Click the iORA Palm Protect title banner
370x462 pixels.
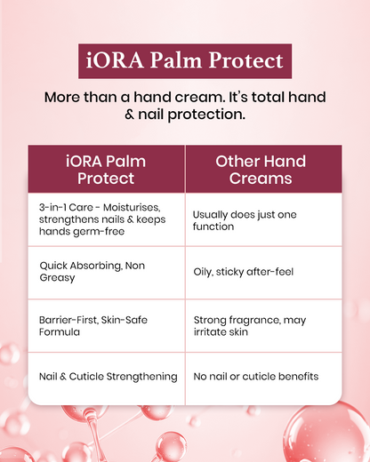[185, 61]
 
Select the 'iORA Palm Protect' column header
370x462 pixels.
[107, 170]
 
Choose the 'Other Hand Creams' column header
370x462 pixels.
[263, 170]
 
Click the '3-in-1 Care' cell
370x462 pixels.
[107, 219]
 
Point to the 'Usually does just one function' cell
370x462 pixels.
[263, 220]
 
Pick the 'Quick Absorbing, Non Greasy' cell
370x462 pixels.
[107, 272]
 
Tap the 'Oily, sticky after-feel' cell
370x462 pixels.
[263, 272]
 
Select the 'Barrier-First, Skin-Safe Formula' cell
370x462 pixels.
[107, 324]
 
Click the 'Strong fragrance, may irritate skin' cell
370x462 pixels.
[263, 324]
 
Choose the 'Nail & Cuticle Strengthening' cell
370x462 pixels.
[107, 377]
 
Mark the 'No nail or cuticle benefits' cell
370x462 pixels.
[263, 377]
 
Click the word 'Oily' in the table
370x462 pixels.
[203, 272]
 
